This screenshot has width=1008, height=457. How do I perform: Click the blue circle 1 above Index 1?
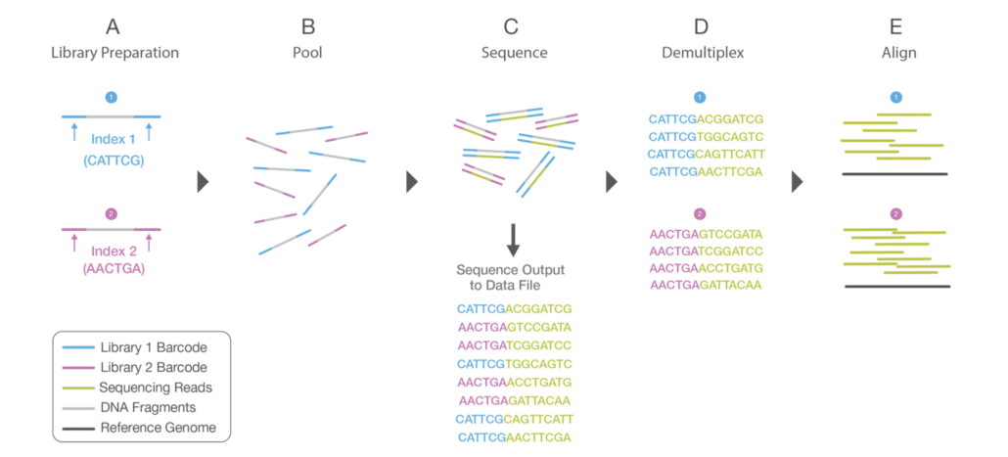click(x=111, y=98)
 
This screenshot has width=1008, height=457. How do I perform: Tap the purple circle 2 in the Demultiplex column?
click(x=699, y=213)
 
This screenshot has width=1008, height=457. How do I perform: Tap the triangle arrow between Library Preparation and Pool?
click(x=204, y=182)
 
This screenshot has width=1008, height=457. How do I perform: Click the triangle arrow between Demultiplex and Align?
click(x=798, y=182)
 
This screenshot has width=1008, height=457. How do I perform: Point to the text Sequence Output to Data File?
click(x=513, y=277)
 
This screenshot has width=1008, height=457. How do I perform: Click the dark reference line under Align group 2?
click(x=896, y=286)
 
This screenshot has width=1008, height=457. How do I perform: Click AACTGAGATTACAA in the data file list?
click(x=514, y=399)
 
